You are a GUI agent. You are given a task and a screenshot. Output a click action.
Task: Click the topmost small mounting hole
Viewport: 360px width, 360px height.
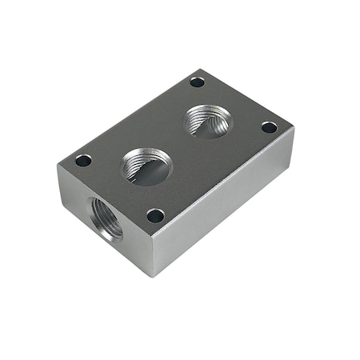[x=197, y=82]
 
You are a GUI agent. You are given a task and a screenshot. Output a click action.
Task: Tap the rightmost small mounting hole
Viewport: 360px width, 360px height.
[x=269, y=127]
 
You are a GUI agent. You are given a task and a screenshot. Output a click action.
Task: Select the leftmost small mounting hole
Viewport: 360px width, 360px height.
[x=83, y=160]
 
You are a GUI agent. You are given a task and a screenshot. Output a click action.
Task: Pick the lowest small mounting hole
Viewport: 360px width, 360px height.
[x=155, y=215]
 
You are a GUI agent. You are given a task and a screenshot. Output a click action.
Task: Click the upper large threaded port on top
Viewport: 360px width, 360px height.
[x=208, y=122]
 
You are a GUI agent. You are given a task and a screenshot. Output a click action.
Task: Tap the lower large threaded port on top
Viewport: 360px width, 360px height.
[x=146, y=166]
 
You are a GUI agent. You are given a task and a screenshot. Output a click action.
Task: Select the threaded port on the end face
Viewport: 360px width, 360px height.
[x=107, y=218]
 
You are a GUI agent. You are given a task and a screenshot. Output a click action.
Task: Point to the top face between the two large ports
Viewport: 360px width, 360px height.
[x=178, y=144]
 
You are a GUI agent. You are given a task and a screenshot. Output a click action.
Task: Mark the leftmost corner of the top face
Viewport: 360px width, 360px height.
[x=58, y=165]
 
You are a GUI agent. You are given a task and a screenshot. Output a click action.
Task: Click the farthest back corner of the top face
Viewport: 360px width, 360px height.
[x=199, y=70]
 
